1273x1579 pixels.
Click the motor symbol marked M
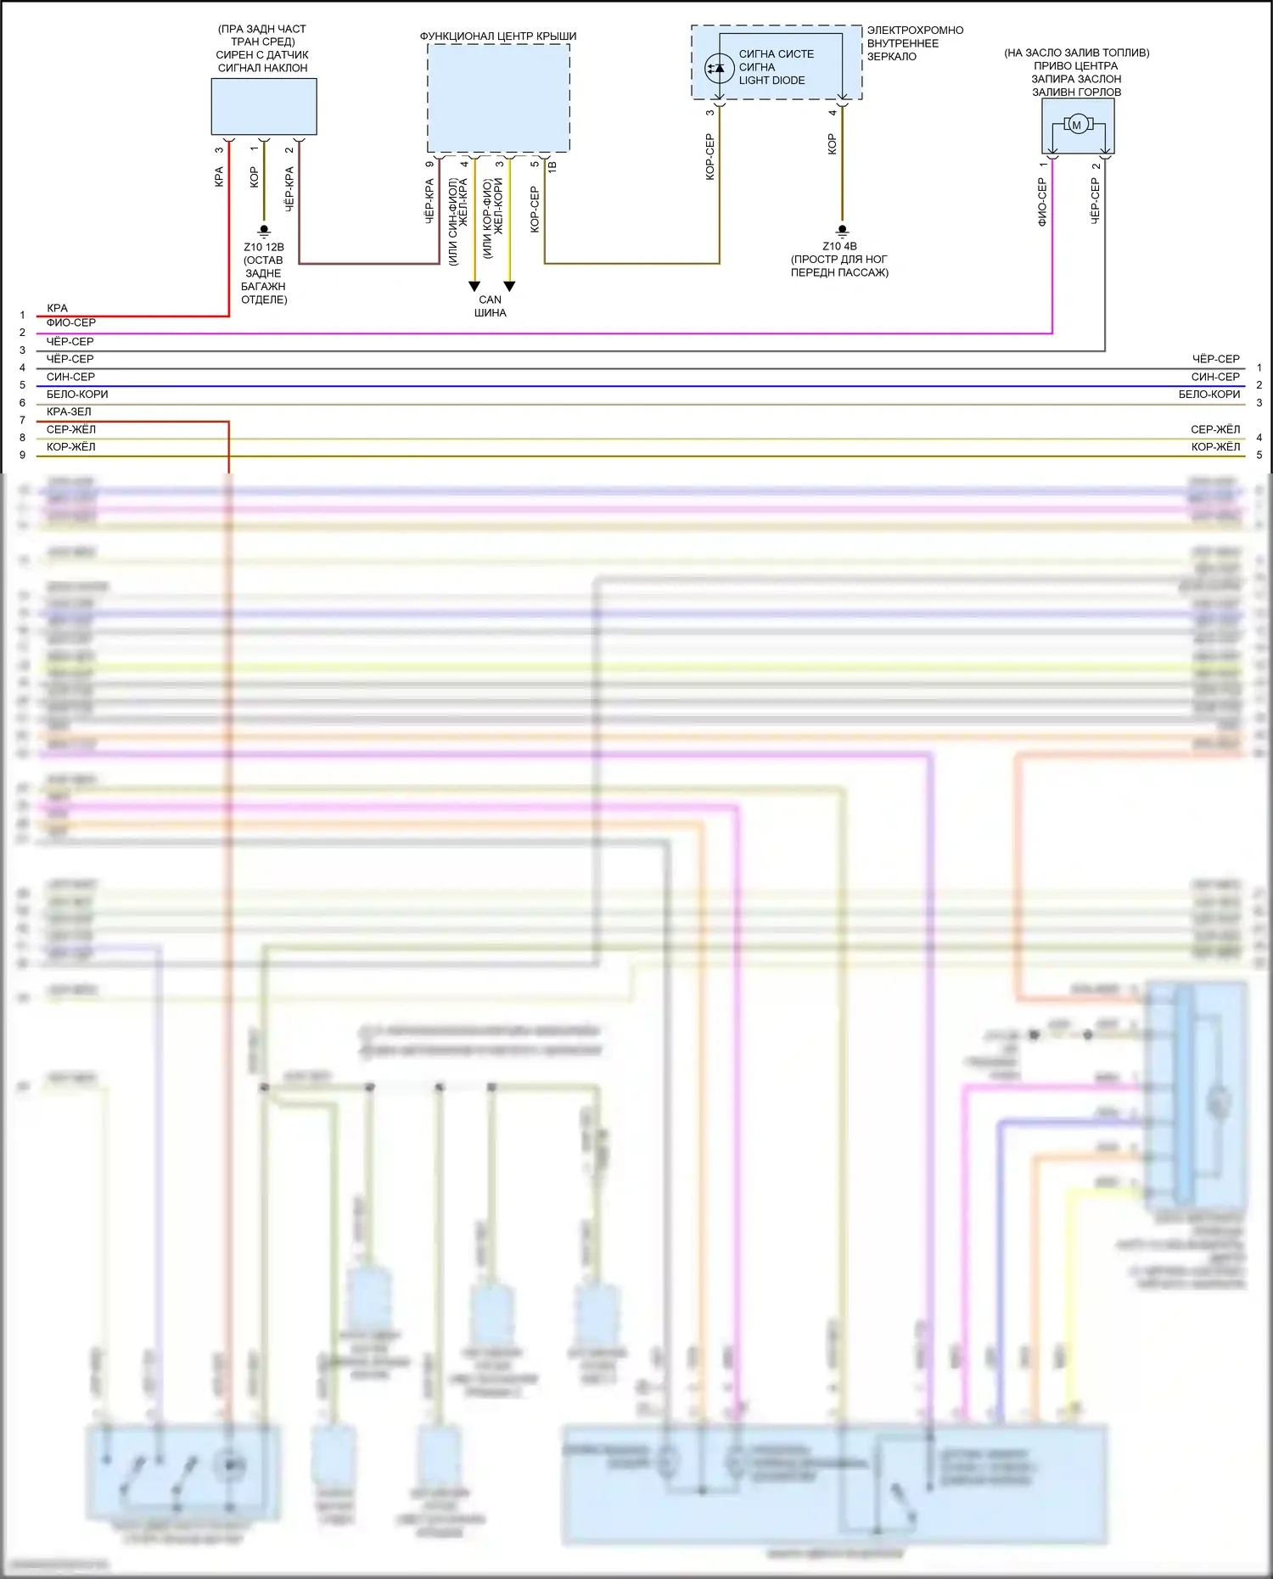pyautogui.click(x=1077, y=126)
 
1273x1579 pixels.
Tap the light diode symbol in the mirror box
pyautogui.click(x=720, y=67)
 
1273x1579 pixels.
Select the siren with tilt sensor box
pyautogui.click(x=264, y=107)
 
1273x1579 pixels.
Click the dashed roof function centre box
pyautogui.click(x=498, y=98)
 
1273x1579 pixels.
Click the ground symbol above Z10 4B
pyautogui.click(x=842, y=230)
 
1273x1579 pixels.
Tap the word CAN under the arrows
pyautogui.click(x=490, y=300)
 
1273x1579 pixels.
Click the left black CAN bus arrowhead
pyautogui.click(x=474, y=287)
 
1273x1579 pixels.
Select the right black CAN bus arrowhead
pyautogui.click(x=509, y=287)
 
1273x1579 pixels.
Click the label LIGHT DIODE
pyautogui.click(x=771, y=81)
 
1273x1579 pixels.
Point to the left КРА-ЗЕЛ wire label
pyautogui.click(x=69, y=412)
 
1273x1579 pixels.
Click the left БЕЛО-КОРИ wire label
pyautogui.click(x=77, y=394)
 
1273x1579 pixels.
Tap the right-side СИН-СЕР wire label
pyautogui.click(x=1215, y=377)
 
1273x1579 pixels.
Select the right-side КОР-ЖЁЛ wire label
pyautogui.click(x=1215, y=446)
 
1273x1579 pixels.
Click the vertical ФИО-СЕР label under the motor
pyautogui.click(x=1042, y=202)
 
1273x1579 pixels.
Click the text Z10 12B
pyautogui.click(x=264, y=247)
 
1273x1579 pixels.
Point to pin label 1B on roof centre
pyautogui.click(x=552, y=167)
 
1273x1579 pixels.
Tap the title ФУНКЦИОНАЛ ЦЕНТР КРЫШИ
pyautogui.click(x=498, y=36)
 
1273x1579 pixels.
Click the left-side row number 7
pyautogui.click(x=23, y=420)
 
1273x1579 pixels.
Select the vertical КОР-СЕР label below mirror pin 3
pyautogui.click(x=710, y=157)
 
